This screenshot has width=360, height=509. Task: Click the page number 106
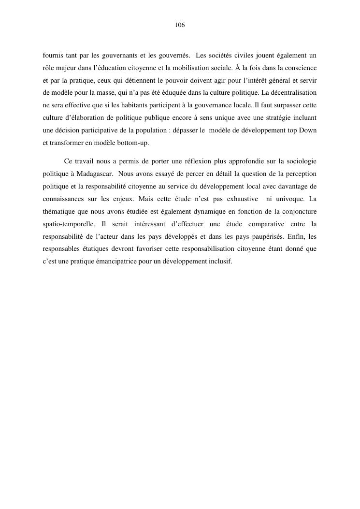pyautogui.click(x=180, y=25)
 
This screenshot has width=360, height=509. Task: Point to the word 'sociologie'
pyautogui.click(x=301, y=160)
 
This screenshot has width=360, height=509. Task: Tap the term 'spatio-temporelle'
pyautogui.click(x=68, y=224)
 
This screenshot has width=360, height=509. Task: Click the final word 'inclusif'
pyautogui.click(x=220, y=262)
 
